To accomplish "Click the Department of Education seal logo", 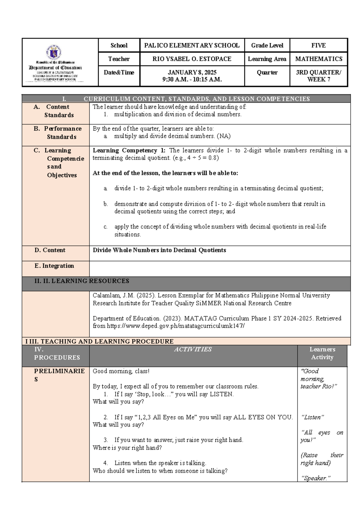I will click(x=54, y=52).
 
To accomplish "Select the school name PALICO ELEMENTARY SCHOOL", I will click(x=192, y=46).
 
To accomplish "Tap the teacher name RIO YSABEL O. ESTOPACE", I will click(x=192, y=59).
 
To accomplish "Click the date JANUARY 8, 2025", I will click(x=192, y=72).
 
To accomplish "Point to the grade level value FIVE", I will click(x=318, y=46).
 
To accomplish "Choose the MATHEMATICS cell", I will click(x=319, y=59).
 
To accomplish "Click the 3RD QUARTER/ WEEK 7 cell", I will click(x=318, y=76).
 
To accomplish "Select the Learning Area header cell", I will click(x=267, y=59).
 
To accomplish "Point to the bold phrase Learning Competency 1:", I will click(x=129, y=150).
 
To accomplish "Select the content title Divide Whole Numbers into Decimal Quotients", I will click(x=159, y=250).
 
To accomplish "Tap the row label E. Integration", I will click(x=54, y=266).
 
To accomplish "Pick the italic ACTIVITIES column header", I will click(x=193, y=349).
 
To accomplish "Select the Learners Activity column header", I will click(x=322, y=353).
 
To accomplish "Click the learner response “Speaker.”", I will click(x=315, y=478).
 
